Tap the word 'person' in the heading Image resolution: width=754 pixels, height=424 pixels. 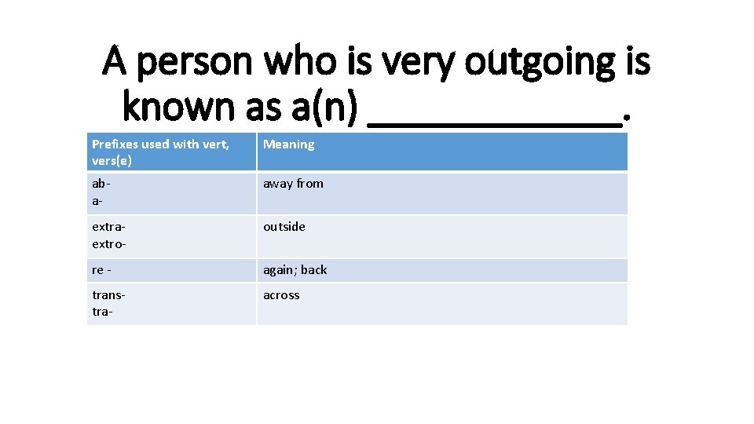pyautogui.click(x=192, y=62)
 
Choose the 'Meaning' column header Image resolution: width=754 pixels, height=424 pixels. pyautogui.click(x=288, y=144)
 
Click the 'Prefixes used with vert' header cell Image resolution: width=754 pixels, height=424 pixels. pyautogui.click(x=160, y=144)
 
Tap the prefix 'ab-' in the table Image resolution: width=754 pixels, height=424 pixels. pyautogui.click(x=100, y=184)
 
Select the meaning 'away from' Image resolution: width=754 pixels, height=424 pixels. pyautogui.click(x=293, y=184)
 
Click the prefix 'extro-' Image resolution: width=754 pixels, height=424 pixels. pyautogui.click(x=109, y=243)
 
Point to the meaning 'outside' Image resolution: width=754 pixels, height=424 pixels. pyautogui.click(x=284, y=227)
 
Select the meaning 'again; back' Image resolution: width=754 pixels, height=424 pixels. pyautogui.click(x=295, y=270)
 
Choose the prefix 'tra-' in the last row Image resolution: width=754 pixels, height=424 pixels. pyautogui.click(x=103, y=312)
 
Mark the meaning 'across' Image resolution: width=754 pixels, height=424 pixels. pyautogui.click(x=281, y=295)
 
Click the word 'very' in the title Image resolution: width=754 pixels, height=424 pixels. pyautogui.click(x=424, y=62)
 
